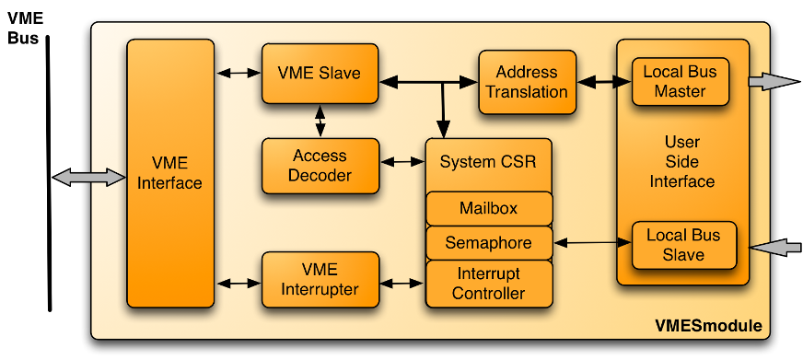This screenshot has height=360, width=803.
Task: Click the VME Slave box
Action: tap(320, 73)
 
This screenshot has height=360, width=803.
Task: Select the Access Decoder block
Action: tap(320, 166)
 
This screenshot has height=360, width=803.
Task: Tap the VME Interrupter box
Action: tap(320, 280)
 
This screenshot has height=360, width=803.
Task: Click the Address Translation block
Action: tap(527, 82)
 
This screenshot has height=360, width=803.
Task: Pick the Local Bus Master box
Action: tap(681, 81)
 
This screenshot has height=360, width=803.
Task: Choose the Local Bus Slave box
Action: tap(682, 244)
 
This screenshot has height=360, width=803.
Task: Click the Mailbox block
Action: tap(488, 208)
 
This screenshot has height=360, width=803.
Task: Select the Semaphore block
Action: tap(488, 243)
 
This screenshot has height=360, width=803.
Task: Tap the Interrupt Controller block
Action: tap(488, 284)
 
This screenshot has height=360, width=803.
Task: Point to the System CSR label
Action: tap(488, 162)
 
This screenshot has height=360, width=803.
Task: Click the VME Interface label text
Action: tap(169, 173)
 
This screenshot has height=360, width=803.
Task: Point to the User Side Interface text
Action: tap(681, 162)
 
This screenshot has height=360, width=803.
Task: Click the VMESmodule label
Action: tap(708, 326)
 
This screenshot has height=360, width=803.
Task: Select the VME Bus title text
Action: tap(25, 28)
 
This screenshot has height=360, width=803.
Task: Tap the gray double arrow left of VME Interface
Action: tap(89, 176)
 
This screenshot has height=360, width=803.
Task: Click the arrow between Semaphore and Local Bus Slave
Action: tap(591, 243)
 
